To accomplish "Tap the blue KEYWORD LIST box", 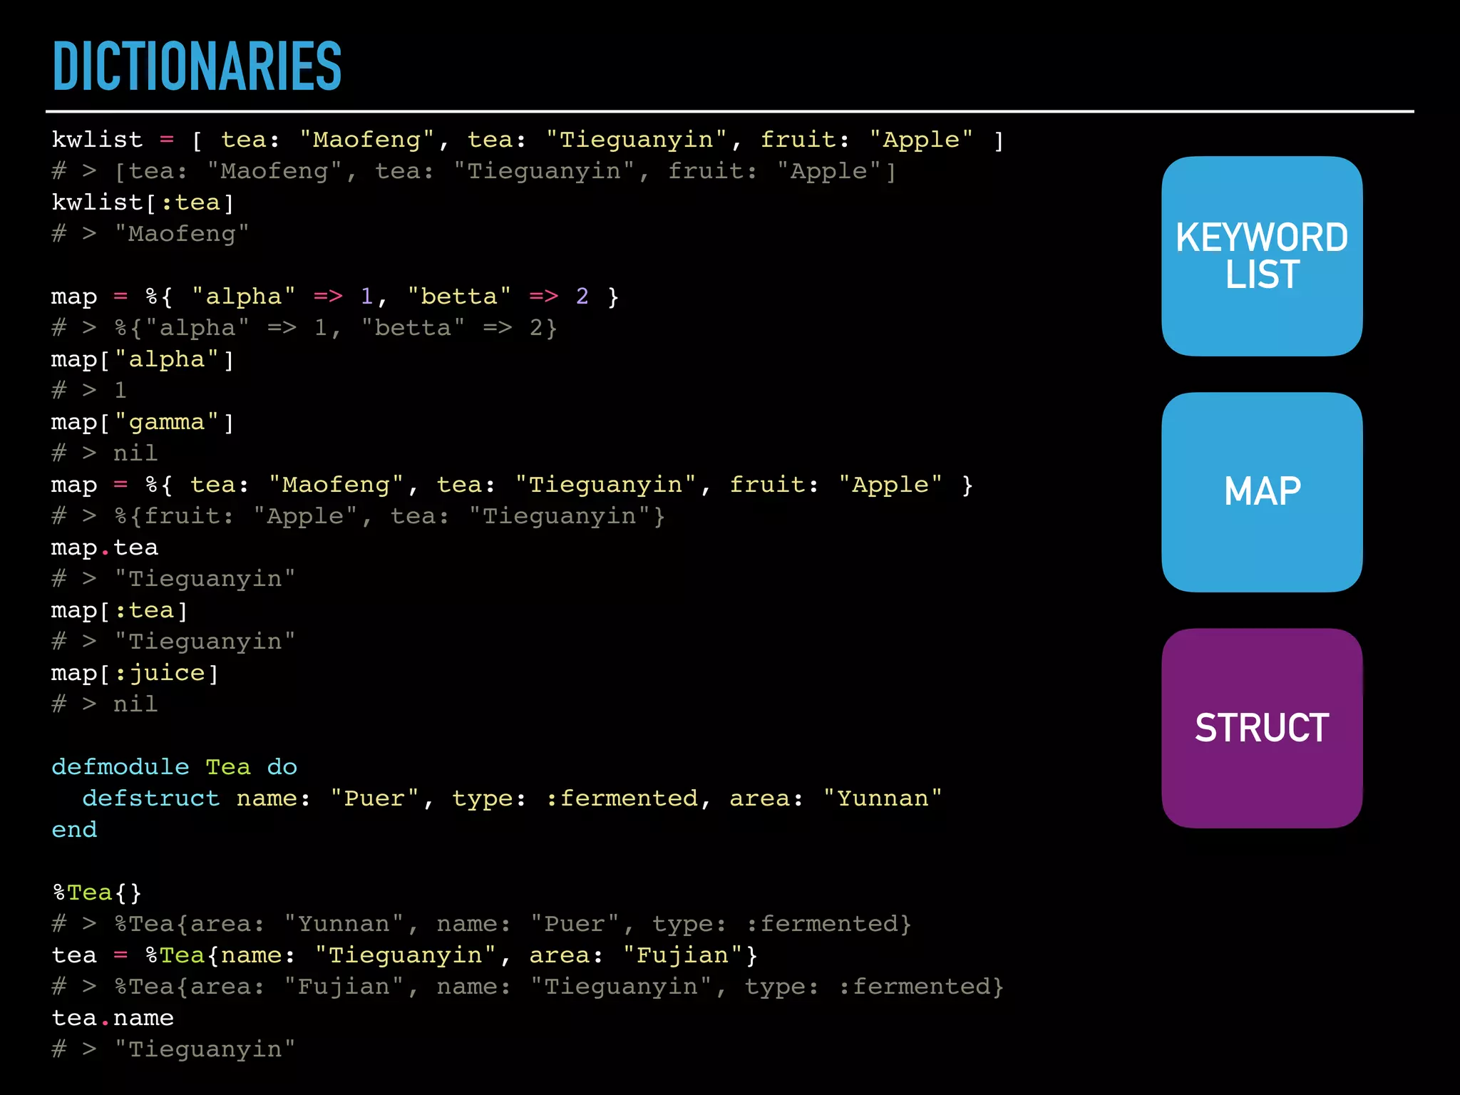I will [x=1261, y=256].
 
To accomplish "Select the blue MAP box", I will [x=1261, y=492].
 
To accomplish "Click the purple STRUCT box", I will [x=1261, y=728].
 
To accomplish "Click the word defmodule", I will [x=120, y=767].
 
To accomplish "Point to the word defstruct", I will [x=150, y=798].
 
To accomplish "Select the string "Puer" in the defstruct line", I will [x=374, y=798].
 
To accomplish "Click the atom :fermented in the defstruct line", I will [x=622, y=798].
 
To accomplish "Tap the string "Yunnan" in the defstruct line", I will [x=883, y=798].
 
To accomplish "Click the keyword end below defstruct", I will [x=74, y=830].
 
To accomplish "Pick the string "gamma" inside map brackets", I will [x=166, y=422].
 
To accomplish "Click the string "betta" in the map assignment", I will [x=459, y=297].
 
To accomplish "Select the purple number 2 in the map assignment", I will [x=582, y=297].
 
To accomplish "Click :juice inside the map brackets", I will [x=160, y=673].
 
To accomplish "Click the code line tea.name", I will [x=113, y=1018].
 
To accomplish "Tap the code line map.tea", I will [x=105, y=547].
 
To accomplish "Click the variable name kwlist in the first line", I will [x=97, y=140].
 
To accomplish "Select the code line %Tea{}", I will [x=97, y=893].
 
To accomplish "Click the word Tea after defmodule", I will [x=228, y=767].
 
